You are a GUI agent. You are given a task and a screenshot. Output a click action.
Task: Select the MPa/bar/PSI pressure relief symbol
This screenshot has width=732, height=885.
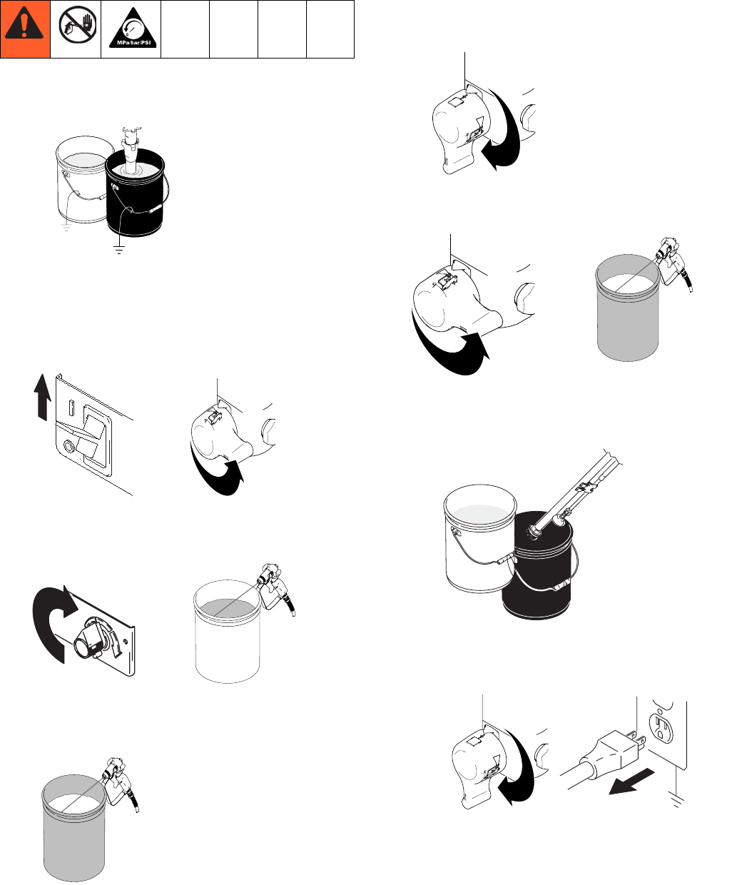(133, 28)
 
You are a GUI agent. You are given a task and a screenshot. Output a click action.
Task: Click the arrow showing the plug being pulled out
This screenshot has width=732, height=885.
(631, 782)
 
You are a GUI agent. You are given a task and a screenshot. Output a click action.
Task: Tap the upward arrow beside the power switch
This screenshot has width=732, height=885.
(42, 397)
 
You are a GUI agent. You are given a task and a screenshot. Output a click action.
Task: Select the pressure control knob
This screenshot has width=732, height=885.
(90, 641)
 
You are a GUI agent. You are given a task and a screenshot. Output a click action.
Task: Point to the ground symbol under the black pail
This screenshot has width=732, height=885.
(119, 248)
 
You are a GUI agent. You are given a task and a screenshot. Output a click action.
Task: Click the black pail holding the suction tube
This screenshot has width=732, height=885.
(135, 193)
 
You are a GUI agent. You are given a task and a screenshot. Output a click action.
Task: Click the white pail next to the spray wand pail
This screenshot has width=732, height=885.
(479, 538)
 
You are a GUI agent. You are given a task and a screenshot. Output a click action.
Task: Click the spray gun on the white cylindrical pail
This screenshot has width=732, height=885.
(275, 587)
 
